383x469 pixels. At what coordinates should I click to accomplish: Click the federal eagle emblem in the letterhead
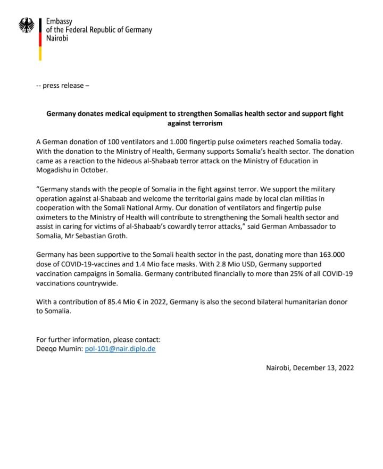[27, 24]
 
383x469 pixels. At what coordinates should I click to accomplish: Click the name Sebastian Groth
[102, 236]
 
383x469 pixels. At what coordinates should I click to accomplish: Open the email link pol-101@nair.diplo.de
[120, 349]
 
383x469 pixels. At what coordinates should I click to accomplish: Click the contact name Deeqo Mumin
[58, 349]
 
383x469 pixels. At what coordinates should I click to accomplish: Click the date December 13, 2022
[323, 367]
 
